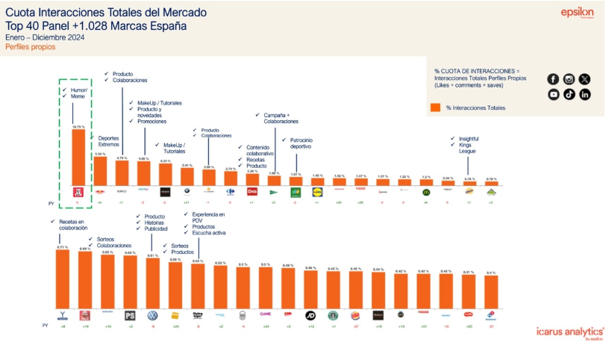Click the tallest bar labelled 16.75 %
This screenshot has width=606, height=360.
pyautogui.click(x=78, y=157)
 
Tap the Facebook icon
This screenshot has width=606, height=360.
pyautogui.click(x=553, y=79)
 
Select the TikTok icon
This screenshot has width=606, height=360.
pyautogui.click(x=569, y=94)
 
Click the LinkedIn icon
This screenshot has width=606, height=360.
pyautogui.click(x=584, y=94)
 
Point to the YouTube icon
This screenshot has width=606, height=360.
pyautogui.click(x=553, y=94)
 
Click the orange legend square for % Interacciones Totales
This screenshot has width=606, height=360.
pyautogui.click(x=435, y=108)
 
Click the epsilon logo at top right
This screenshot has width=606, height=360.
pyautogui.click(x=577, y=13)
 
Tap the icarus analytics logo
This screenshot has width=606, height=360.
pyautogui.click(x=569, y=331)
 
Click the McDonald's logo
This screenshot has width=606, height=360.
pyautogui.click(x=425, y=192)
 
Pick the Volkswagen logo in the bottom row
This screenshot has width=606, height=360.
pyautogui.click(x=152, y=315)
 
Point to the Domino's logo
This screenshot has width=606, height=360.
pyautogui.click(x=490, y=315)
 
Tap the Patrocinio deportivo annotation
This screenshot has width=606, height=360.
pyautogui.click(x=296, y=143)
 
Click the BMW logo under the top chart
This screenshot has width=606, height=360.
pyautogui.click(x=187, y=192)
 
